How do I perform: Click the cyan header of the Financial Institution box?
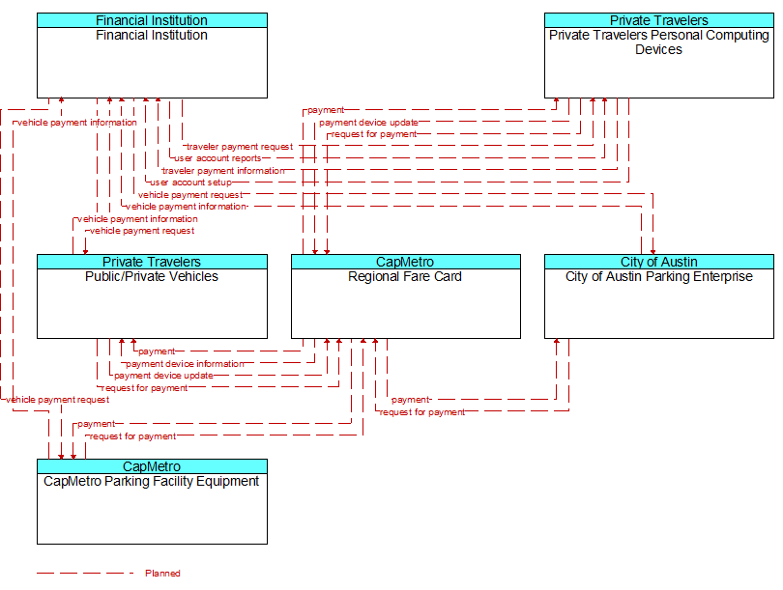tap(152, 20)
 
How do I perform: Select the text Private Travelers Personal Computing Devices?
tap(658, 42)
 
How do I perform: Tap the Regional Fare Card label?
tap(405, 276)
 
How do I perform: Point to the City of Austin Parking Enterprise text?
tap(658, 276)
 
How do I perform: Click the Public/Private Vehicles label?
tap(152, 276)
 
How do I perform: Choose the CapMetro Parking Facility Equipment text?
tap(152, 481)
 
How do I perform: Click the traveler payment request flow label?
tap(240, 147)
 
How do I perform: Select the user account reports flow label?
tap(217, 158)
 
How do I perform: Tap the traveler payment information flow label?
tap(223, 171)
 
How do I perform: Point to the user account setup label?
tap(190, 183)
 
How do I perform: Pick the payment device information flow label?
tap(185, 364)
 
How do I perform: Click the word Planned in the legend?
tap(162, 573)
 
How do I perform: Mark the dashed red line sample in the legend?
tap(85, 573)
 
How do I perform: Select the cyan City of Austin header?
tap(659, 262)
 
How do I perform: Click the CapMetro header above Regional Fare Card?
tap(405, 262)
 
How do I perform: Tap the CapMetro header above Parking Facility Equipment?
tap(152, 466)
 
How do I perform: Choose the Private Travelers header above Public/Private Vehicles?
tap(152, 262)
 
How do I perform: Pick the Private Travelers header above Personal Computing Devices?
tap(659, 20)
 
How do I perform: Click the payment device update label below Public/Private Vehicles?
tap(163, 376)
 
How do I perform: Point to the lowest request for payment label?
tap(132, 436)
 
